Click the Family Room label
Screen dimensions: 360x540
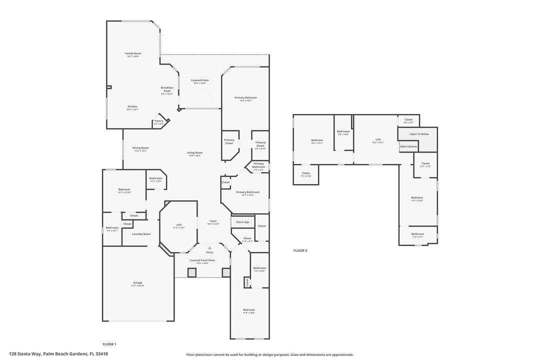click(133, 53)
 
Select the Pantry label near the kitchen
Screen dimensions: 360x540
click(159, 121)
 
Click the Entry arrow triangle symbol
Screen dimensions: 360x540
click(209, 247)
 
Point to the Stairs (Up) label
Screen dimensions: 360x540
click(243, 221)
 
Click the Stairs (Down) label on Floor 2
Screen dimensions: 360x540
click(408, 146)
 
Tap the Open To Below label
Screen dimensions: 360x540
click(419, 134)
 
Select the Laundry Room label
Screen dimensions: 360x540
click(141, 234)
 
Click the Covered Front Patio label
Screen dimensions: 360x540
click(202, 260)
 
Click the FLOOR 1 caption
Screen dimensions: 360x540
click(109, 344)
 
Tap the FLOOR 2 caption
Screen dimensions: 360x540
click(300, 250)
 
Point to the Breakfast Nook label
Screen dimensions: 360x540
click(167, 89)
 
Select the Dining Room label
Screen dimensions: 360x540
click(140, 148)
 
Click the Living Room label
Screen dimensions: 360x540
click(195, 152)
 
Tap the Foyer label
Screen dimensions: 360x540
click(213, 220)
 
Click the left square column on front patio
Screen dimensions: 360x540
click(192, 272)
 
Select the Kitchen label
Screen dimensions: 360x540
click(132, 106)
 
